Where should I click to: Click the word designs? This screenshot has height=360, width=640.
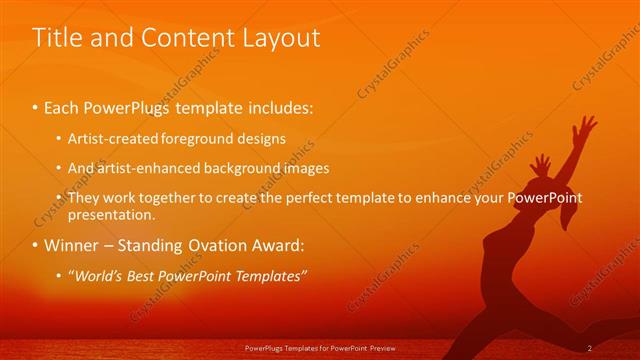(261, 138)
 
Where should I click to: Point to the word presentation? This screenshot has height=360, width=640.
(111, 214)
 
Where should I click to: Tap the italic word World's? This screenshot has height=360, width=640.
(97, 275)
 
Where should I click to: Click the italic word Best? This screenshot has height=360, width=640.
(145, 275)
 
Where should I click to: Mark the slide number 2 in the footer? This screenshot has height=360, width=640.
(590, 348)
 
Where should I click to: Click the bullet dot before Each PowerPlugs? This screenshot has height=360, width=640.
(36, 105)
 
